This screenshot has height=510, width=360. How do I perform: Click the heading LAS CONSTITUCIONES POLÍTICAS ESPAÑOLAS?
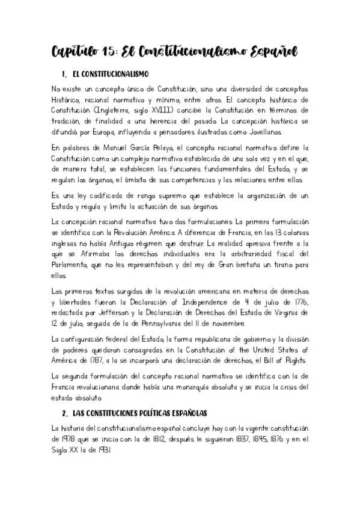coord(139,414)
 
